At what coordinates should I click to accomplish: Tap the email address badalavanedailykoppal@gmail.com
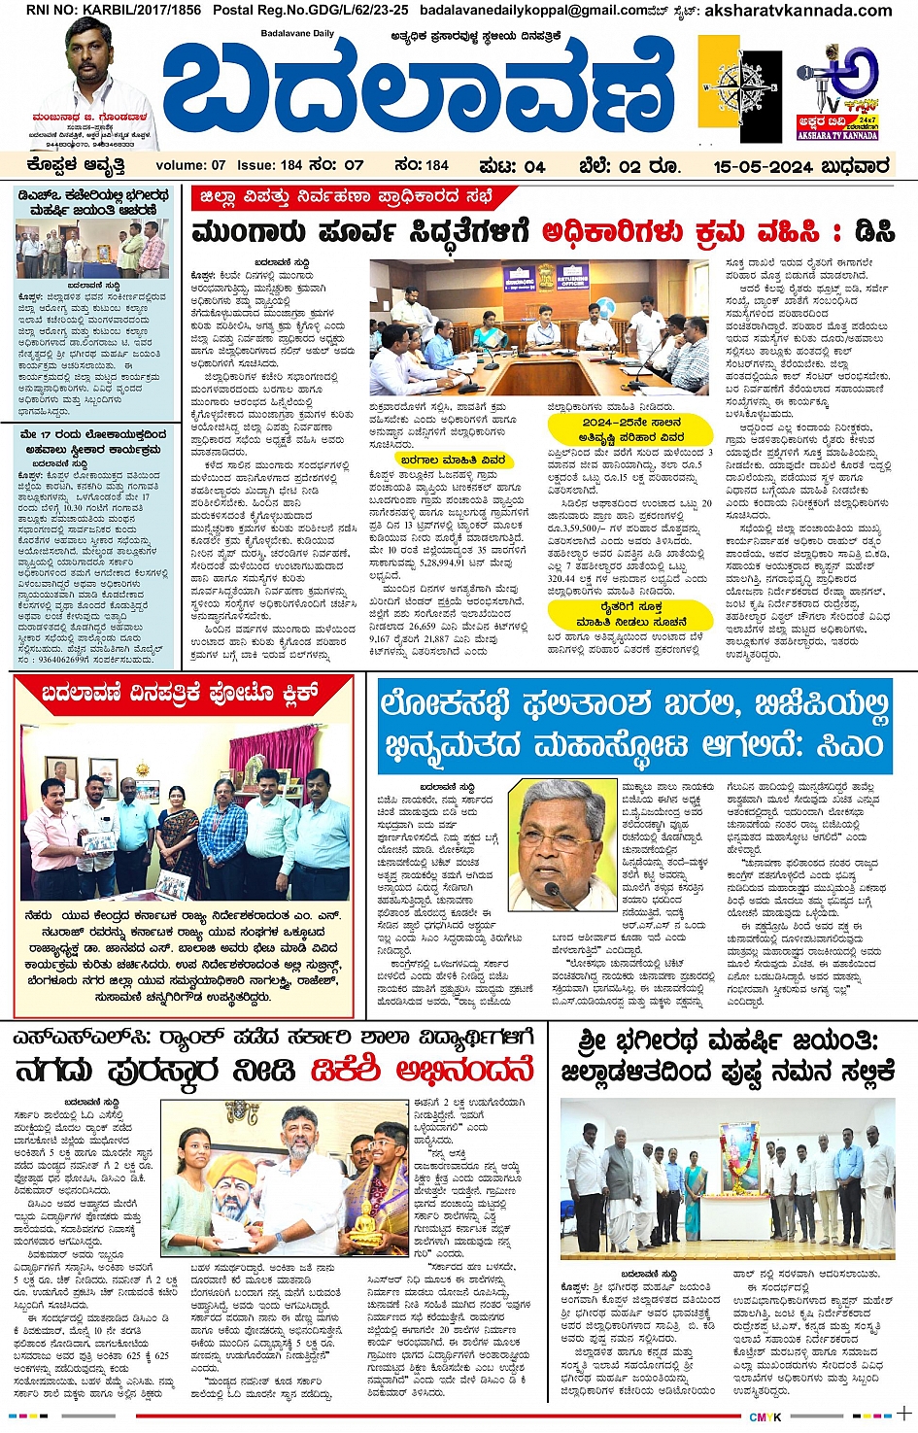pyautogui.click(x=530, y=11)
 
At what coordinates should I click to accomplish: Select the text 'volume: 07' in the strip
pyautogui.click(x=190, y=165)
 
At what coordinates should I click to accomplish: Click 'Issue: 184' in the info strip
pyautogui.click(x=270, y=165)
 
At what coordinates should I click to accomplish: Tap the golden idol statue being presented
pyautogui.click(x=364, y=1226)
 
